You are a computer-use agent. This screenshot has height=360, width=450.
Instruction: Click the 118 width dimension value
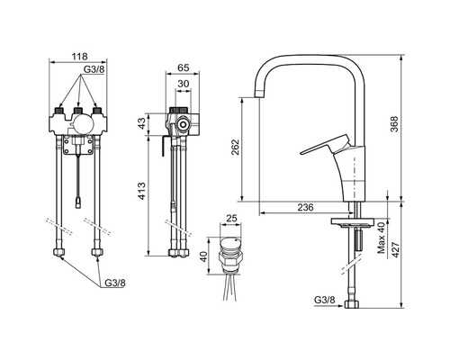79,57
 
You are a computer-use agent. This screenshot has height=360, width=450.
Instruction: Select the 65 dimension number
184,67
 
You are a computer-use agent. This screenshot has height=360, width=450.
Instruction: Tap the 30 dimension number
184,84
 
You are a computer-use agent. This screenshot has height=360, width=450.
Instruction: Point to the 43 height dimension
141,123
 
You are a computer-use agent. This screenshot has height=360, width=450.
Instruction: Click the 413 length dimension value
141,191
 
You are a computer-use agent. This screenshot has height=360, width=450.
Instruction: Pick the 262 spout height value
236,147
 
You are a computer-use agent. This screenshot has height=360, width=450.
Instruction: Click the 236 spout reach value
305,207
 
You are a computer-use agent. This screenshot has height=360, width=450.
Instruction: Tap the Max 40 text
381,238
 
